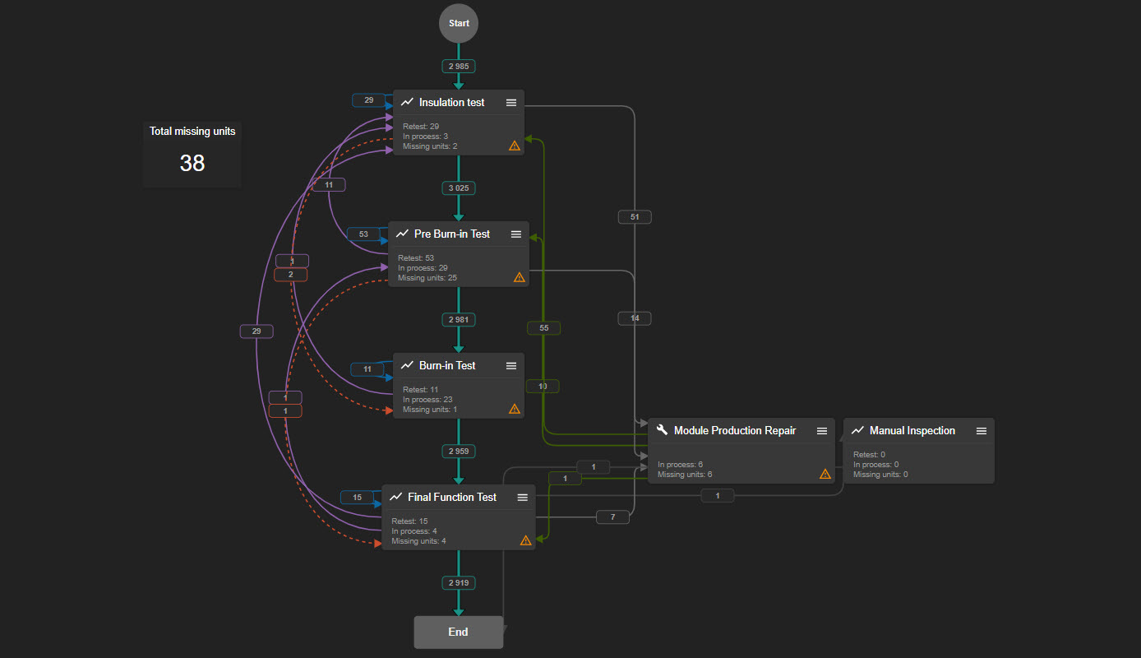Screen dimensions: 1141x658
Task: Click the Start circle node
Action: coord(459,24)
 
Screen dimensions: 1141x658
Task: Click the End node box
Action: coord(459,632)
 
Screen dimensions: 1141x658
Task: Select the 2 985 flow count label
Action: coord(459,67)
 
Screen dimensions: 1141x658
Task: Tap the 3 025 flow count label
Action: coord(459,188)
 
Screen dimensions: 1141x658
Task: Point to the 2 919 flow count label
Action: coord(459,582)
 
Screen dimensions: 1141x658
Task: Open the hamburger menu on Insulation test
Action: coord(511,103)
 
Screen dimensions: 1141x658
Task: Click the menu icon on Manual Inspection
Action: coord(982,431)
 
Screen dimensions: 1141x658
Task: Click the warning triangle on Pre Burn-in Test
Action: coord(519,277)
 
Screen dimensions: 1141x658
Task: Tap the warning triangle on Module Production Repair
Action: coord(825,474)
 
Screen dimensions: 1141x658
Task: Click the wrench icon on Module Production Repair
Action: coord(663,429)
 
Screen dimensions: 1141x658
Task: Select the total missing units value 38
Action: coord(192,163)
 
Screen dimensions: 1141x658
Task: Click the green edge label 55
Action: coord(544,327)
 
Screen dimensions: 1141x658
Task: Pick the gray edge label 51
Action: coord(635,216)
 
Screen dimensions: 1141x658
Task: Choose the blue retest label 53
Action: coord(363,234)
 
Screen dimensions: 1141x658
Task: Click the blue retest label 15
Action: coord(357,497)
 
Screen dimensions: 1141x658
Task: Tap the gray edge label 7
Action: coord(612,517)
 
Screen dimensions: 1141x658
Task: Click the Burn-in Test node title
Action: coord(447,365)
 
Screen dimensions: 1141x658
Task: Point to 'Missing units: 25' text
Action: coord(427,278)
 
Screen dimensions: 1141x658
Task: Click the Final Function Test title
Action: coord(452,497)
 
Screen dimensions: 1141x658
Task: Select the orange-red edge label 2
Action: coord(291,275)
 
